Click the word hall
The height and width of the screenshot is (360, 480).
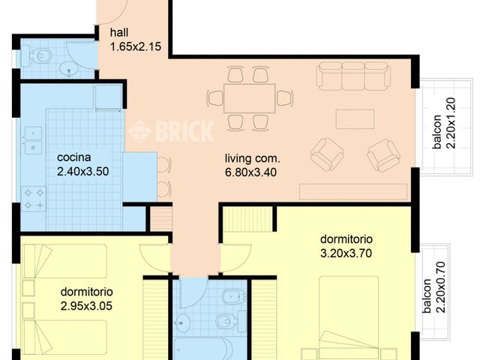click(x=119, y=33)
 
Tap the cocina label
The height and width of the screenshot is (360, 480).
click(x=74, y=157)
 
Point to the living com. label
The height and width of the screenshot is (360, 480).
click(x=252, y=158)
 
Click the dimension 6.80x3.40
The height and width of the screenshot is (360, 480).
click(x=252, y=171)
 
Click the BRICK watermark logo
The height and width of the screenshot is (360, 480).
click(x=171, y=131)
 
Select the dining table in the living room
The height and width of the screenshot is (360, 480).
click(x=250, y=97)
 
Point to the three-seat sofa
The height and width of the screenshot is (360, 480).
click(x=352, y=76)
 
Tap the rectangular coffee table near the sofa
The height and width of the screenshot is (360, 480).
click(x=355, y=119)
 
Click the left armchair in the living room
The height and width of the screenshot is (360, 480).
click(x=327, y=153)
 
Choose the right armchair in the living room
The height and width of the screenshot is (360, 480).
click(x=383, y=154)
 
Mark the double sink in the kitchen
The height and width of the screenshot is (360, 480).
click(x=32, y=140)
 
